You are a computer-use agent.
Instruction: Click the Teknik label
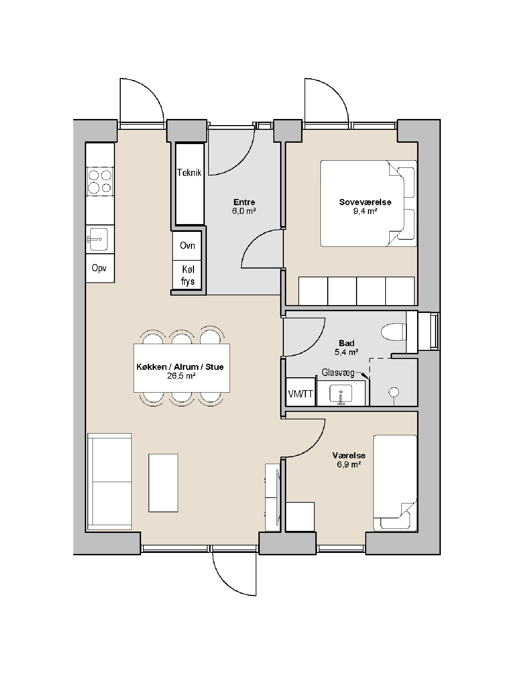[189, 173]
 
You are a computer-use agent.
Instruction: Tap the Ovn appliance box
[187, 245]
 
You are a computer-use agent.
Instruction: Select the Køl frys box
[187, 275]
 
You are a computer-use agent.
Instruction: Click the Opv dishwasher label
[99, 268]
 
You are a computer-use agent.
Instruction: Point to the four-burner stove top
[100, 181]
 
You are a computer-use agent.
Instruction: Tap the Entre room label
[244, 202]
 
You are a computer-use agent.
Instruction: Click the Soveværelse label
[365, 202]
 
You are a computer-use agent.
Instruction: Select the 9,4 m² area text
[365, 211]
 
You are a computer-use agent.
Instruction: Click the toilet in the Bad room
[394, 332]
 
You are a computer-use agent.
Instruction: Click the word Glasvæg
[338, 373]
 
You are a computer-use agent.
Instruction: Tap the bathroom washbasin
[341, 394]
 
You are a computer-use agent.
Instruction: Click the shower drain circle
[394, 392]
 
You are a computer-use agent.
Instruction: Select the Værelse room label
[349, 456]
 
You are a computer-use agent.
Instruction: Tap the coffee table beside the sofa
[163, 483]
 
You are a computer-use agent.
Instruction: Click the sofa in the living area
[109, 481]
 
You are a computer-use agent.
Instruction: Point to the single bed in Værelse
[395, 483]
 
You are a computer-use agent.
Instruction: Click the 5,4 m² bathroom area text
[347, 352]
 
